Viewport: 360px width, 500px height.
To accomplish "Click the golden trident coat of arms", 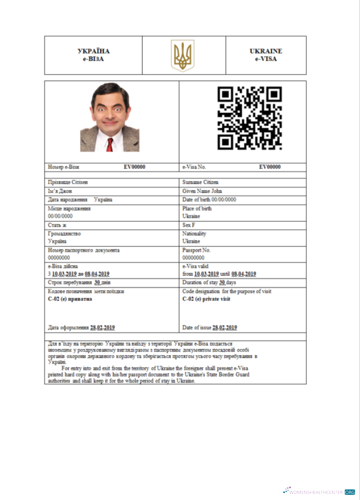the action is (x=183, y=55).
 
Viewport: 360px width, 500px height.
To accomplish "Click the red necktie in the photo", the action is (x=109, y=144).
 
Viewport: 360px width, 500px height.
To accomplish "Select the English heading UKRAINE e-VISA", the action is (x=265, y=55).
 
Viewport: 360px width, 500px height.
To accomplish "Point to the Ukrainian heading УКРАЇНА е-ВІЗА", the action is (x=93, y=55).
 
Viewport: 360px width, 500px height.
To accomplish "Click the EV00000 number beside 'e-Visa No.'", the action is (x=269, y=167).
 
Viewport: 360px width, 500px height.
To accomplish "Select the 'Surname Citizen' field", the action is (x=200, y=182).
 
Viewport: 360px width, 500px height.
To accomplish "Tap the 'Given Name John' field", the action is (x=202, y=191).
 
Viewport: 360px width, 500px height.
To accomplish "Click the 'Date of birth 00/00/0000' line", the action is (x=209, y=199).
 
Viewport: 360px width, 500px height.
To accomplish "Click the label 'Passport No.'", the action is (x=196, y=250).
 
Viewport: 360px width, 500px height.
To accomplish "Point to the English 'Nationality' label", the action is (x=194, y=233).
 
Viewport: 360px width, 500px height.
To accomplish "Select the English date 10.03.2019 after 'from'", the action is (x=206, y=274).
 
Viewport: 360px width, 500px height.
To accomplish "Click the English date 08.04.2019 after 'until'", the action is (x=243, y=274).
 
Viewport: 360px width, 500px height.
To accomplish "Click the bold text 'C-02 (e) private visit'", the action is (x=206, y=299).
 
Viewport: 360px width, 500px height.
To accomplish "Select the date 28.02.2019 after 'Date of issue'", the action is (x=224, y=327).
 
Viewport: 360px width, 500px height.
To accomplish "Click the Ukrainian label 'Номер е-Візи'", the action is (x=63, y=167).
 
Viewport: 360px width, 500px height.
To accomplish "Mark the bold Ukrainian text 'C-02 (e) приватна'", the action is (x=70, y=299).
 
